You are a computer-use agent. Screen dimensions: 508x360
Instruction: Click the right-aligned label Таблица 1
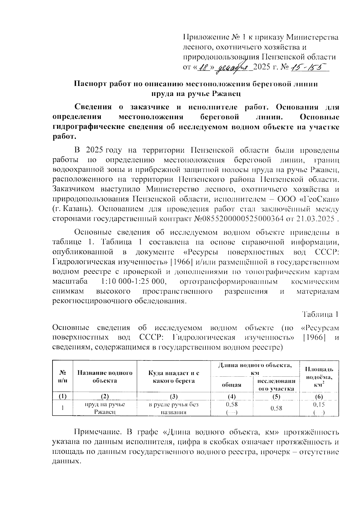click(320, 315)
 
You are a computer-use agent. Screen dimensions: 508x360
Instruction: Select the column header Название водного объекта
click(105, 377)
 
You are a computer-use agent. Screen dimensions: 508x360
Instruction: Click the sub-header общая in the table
click(232, 385)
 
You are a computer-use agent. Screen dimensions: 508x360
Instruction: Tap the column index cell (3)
click(174, 397)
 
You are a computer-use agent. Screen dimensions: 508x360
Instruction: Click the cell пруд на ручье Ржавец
click(105, 408)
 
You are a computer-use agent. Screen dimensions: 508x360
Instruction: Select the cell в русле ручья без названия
click(174, 408)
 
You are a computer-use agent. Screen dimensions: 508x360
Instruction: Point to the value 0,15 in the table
click(319, 405)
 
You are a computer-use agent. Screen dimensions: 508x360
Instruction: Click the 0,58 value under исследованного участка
click(276, 408)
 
